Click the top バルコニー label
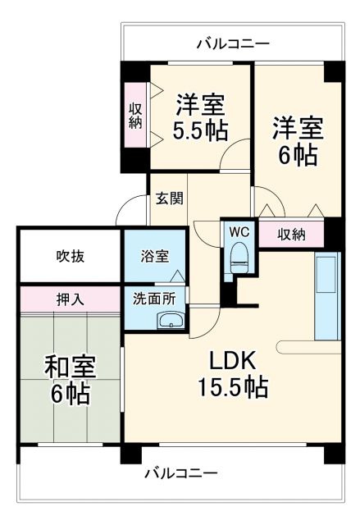(232, 43)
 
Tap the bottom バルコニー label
(180, 473)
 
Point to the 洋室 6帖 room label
(297, 141)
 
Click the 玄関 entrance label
(170, 198)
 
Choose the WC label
(240, 231)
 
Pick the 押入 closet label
(71, 298)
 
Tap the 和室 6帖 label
(67, 379)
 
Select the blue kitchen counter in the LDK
(326, 295)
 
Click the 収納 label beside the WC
(291, 234)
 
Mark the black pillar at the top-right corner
(333, 71)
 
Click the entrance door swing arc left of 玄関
(131, 212)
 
